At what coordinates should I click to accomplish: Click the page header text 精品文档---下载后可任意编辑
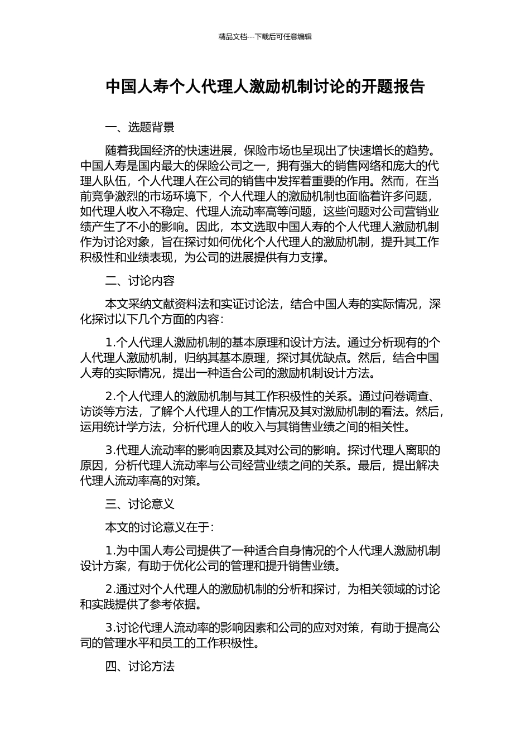point(265,37)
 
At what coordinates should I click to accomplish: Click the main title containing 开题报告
point(265,87)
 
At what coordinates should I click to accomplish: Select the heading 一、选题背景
point(139,127)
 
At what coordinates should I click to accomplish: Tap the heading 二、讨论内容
point(139,281)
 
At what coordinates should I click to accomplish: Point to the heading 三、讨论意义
point(139,504)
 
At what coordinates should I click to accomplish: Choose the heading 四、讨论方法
point(139,666)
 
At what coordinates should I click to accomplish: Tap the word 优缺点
point(330,358)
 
